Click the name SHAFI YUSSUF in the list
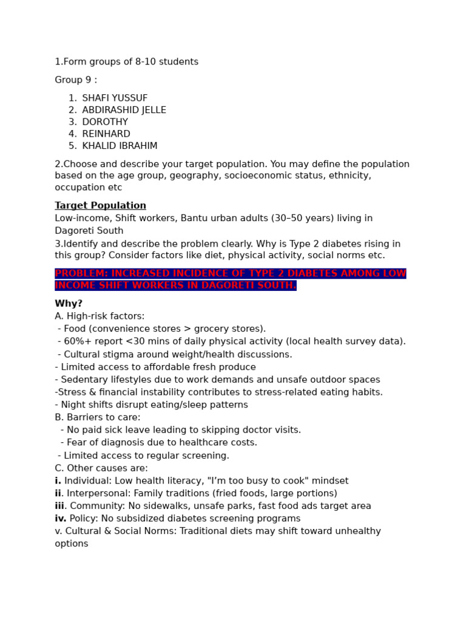[115, 98]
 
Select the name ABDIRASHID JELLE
[124, 110]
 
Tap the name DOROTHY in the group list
[105, 122]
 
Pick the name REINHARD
[106, 134]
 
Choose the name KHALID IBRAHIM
[120, 146]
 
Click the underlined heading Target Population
[100, 205]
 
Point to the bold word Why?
[69, 304]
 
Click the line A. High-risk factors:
[100, 316]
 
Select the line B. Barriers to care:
[97, 417]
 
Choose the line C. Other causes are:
[101, 468]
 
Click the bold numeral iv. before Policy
[61, 519]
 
